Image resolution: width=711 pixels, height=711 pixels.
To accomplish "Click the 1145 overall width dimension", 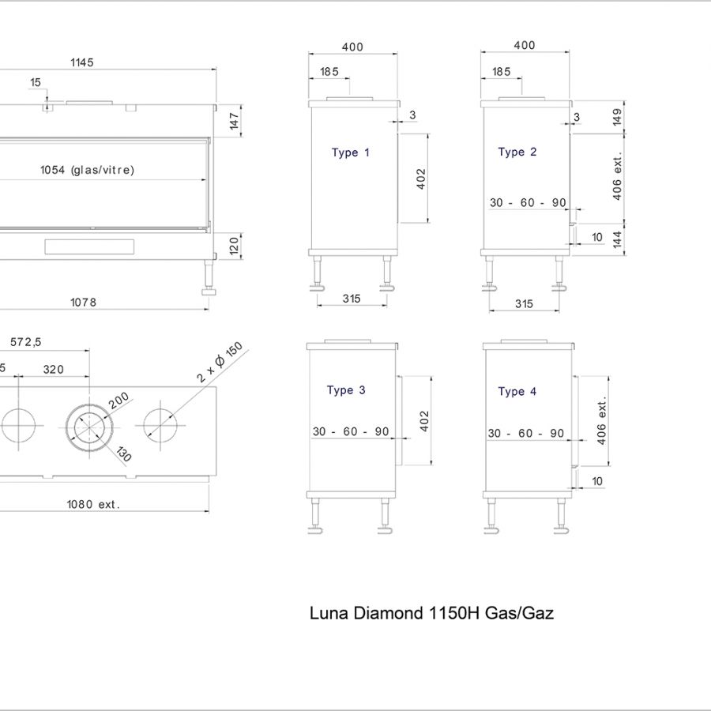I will coord(81,62).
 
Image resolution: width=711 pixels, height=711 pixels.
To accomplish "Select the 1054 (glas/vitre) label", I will coord(87,170).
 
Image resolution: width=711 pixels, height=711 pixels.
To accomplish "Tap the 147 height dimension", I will coord(234,120).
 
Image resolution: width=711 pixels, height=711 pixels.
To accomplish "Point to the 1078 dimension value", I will coord(84,303).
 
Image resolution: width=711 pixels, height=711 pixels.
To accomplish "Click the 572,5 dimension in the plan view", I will coord(26,342).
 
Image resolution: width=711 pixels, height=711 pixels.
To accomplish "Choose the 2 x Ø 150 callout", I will coord(221,363).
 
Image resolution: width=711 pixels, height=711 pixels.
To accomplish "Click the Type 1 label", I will coord(350,152).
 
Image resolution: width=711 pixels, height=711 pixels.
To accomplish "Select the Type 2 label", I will coord(517,152).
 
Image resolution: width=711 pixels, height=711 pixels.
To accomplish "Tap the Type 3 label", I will coord(346,390).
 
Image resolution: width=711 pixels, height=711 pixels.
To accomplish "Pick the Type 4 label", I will coord(517,392).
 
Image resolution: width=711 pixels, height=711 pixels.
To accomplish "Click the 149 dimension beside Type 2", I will coord(617,117).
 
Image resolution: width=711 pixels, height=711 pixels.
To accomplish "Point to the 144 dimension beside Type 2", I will coord(617,239).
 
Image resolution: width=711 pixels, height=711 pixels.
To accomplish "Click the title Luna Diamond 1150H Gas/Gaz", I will coord(431,613).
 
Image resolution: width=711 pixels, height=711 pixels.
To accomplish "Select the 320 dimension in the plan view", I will coord(54,369).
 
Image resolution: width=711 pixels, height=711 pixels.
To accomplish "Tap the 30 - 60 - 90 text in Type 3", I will coord(351,431).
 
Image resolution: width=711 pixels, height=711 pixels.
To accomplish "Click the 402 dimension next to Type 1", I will coord(421,179).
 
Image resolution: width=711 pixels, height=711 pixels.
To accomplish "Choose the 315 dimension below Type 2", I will coord(524,304).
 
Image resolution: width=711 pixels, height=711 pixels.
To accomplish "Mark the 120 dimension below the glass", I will coord(234,246).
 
